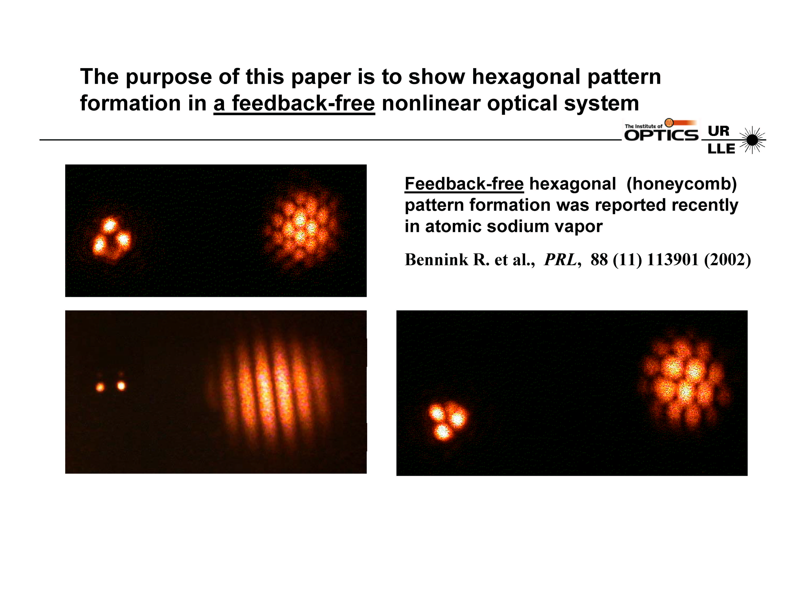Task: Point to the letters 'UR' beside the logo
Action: pyautogui.click(x=718, y=131)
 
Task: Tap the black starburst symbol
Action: pyautogui.click(x=752, y=140)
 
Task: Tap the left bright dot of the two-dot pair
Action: pyautogui.click(x=100, y=387)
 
